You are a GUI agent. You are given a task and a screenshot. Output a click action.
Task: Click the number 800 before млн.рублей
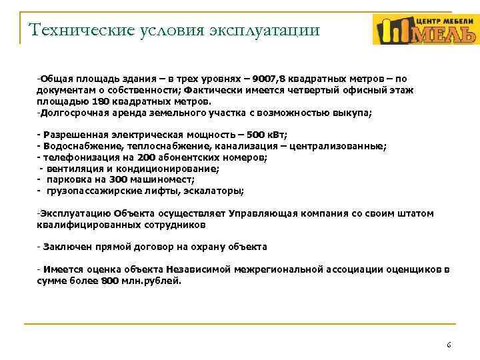click(110, 281)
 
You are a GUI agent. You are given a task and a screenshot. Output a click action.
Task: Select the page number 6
click(449, 345)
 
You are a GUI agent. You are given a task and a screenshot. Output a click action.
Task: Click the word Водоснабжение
click(73, 146)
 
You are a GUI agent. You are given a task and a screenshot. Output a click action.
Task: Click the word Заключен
click(64, 247)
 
